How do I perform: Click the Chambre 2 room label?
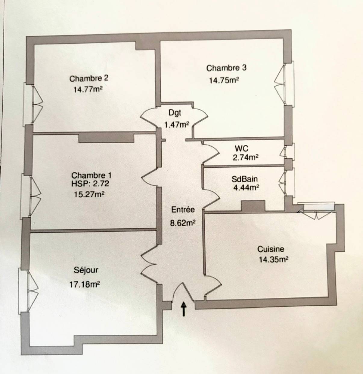point(89,79)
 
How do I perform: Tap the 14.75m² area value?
point(224,80)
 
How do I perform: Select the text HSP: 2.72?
point(90,183)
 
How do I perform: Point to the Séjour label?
point(86,270)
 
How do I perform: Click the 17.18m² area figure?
point(85,284)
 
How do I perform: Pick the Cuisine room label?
point(271,249)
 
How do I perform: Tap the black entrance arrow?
point(184,309)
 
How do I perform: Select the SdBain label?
point(245,179)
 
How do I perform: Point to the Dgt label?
point(175,113)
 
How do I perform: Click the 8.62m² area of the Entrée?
point(183,223)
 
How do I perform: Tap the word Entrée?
point(183,209)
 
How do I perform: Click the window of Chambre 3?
point(289,84)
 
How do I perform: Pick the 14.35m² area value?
point(273,260)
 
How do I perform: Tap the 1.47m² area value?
point(176,125)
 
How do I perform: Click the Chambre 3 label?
point(226,68)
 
